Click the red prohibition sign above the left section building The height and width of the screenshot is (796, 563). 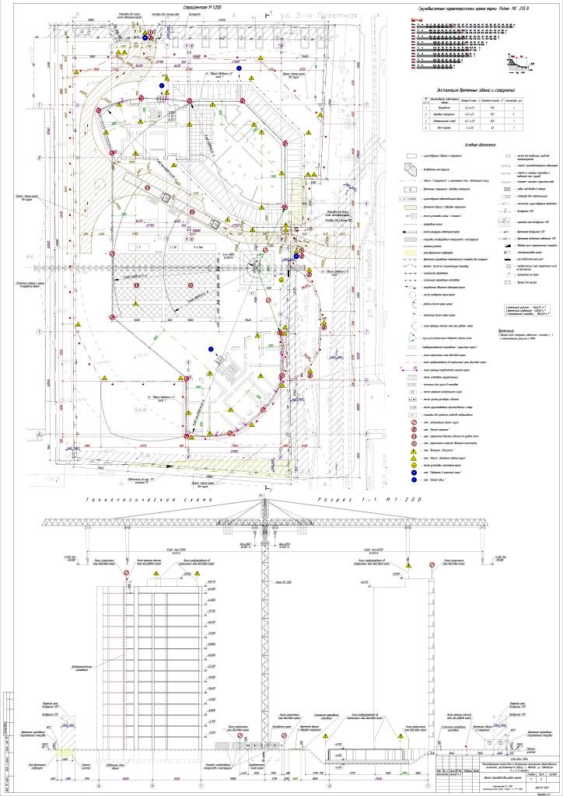[x=126, y=573]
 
